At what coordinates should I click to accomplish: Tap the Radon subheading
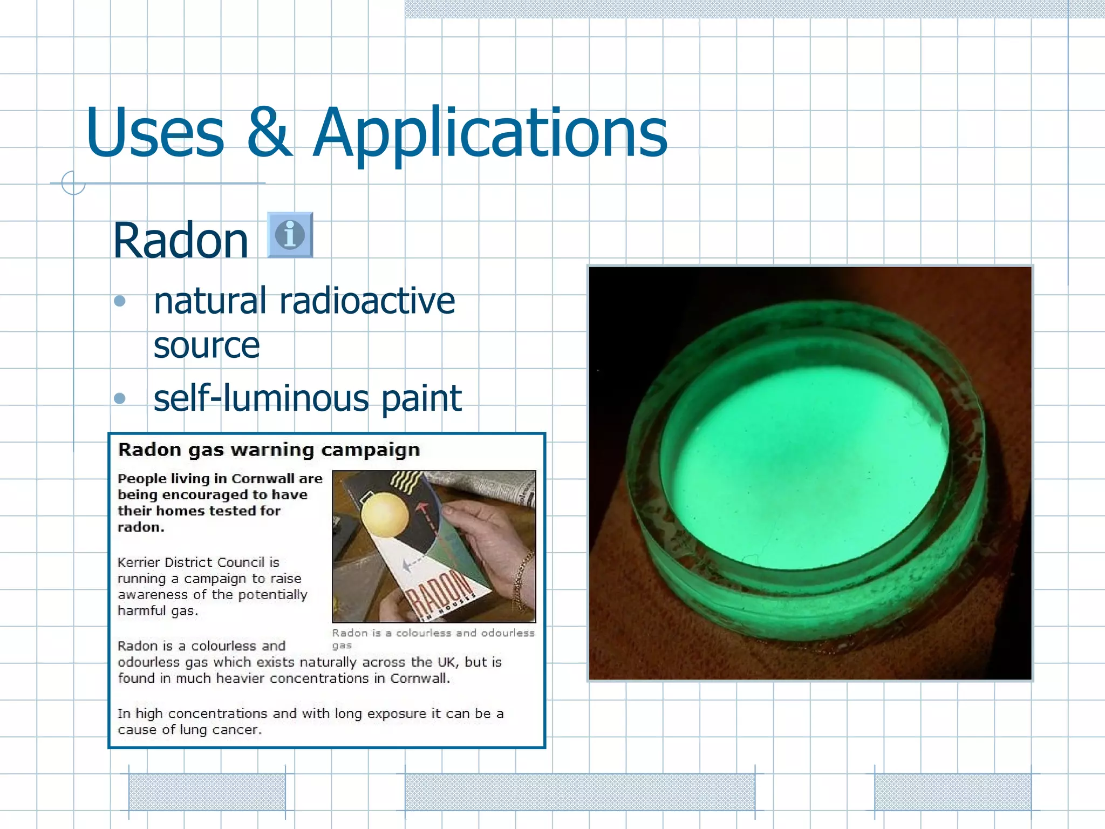coord(180,241)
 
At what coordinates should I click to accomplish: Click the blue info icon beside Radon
coord(290,235)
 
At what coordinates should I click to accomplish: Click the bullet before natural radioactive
coord(120,301)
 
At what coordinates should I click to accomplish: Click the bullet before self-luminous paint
coord(120,398)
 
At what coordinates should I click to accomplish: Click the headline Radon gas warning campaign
coord(269,450)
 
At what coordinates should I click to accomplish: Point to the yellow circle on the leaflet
coord(385,515)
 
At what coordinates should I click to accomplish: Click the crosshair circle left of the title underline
coord(73,183)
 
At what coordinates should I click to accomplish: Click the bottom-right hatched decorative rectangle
coord(952,792)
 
